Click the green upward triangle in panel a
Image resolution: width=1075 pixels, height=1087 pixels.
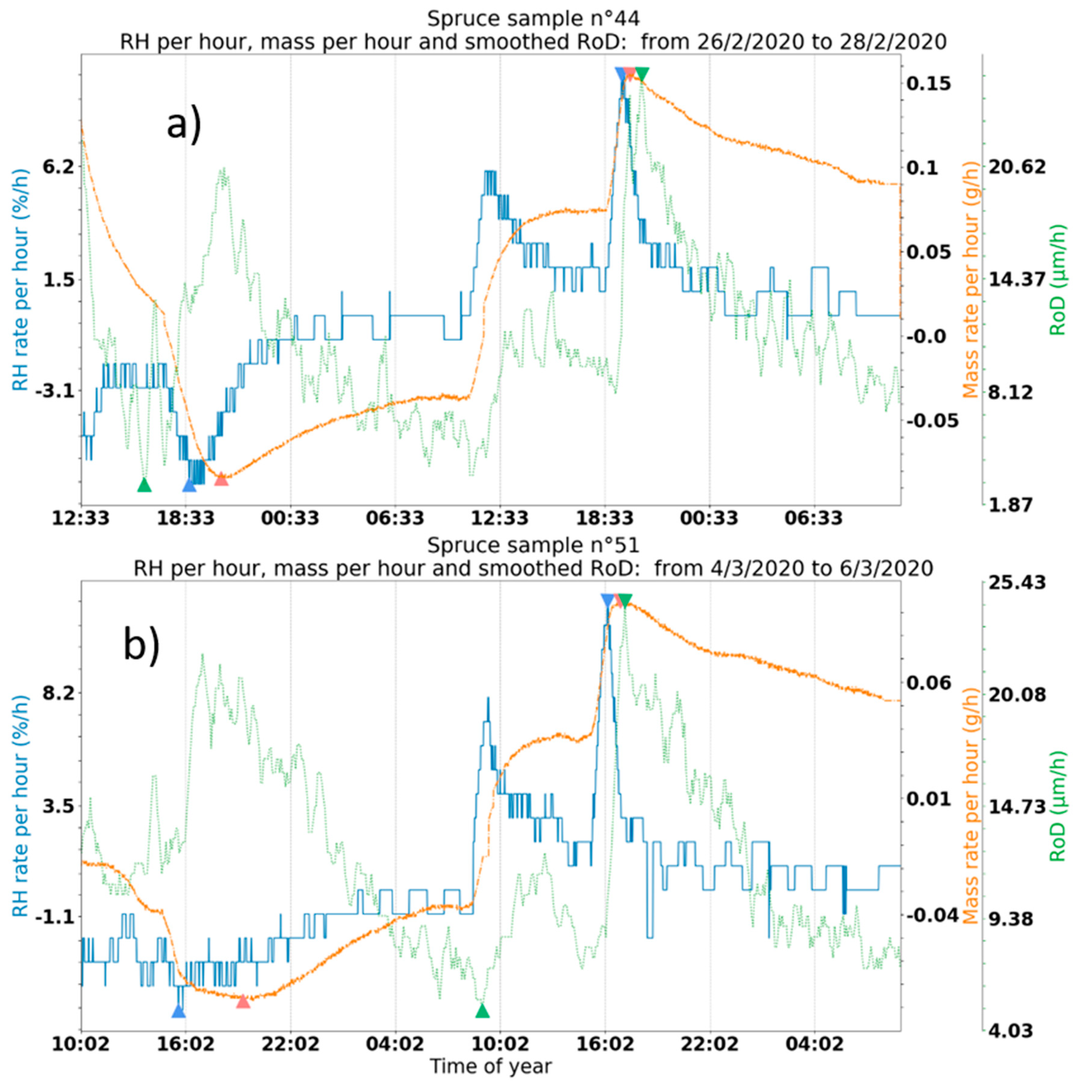point(144,485)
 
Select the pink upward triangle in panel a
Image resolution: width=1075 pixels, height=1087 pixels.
point(221,479)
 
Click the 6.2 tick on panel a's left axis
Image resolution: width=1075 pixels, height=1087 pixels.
point(58,167)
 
